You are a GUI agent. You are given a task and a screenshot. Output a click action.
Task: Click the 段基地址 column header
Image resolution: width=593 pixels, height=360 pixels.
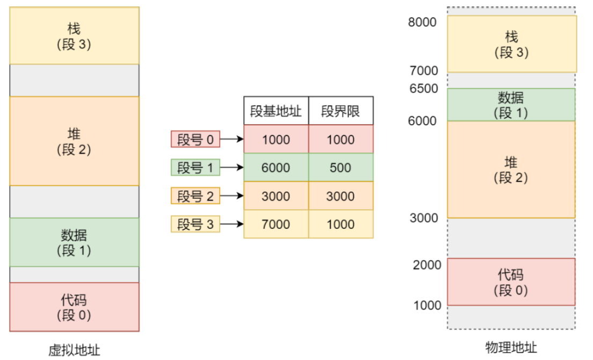(x=276, y=111)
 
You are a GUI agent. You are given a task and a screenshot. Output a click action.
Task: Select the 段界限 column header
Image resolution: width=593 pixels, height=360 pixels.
(x=341, y=111)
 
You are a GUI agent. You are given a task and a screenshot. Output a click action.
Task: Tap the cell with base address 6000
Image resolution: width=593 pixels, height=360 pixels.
(x=276, y=168)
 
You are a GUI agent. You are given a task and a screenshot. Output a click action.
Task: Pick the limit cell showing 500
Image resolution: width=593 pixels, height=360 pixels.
(x=341, y=168)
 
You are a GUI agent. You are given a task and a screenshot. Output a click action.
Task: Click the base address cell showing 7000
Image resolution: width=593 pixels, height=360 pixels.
(x=276, y=224)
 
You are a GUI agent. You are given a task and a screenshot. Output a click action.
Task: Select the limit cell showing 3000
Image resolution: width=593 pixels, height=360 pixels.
(x=341, y=196)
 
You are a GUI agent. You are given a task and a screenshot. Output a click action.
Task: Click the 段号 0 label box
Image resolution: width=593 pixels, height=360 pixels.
(x=196, y=140)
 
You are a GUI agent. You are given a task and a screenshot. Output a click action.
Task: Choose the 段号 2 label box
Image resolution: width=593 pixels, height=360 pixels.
(x=196, y=196)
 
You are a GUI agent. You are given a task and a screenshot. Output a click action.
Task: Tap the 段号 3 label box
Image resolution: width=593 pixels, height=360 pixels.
(x=196, y=224)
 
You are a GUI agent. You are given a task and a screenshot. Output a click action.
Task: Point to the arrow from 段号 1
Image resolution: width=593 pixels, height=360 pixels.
(x=232, y=168)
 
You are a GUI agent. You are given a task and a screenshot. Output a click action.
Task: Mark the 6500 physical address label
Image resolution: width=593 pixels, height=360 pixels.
(x=423, y=89)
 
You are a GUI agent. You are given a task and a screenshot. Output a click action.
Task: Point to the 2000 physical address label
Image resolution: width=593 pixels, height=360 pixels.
(x=427, y=264)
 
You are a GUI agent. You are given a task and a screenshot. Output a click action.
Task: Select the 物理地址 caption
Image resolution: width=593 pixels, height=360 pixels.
(x=511, y=347)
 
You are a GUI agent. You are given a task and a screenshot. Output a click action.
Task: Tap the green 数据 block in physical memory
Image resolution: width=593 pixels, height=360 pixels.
(x=511, y=105)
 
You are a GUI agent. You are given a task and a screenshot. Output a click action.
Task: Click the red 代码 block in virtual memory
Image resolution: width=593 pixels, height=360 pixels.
(x=74, y=307)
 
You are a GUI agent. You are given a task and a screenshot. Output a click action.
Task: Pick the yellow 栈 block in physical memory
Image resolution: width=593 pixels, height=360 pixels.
(x=511, y=44)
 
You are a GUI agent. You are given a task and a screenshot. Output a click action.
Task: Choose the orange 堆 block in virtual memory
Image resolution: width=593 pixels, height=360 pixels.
(x=74, y=141)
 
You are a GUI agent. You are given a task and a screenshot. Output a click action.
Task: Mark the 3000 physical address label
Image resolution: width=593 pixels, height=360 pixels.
(x=423, y=218)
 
